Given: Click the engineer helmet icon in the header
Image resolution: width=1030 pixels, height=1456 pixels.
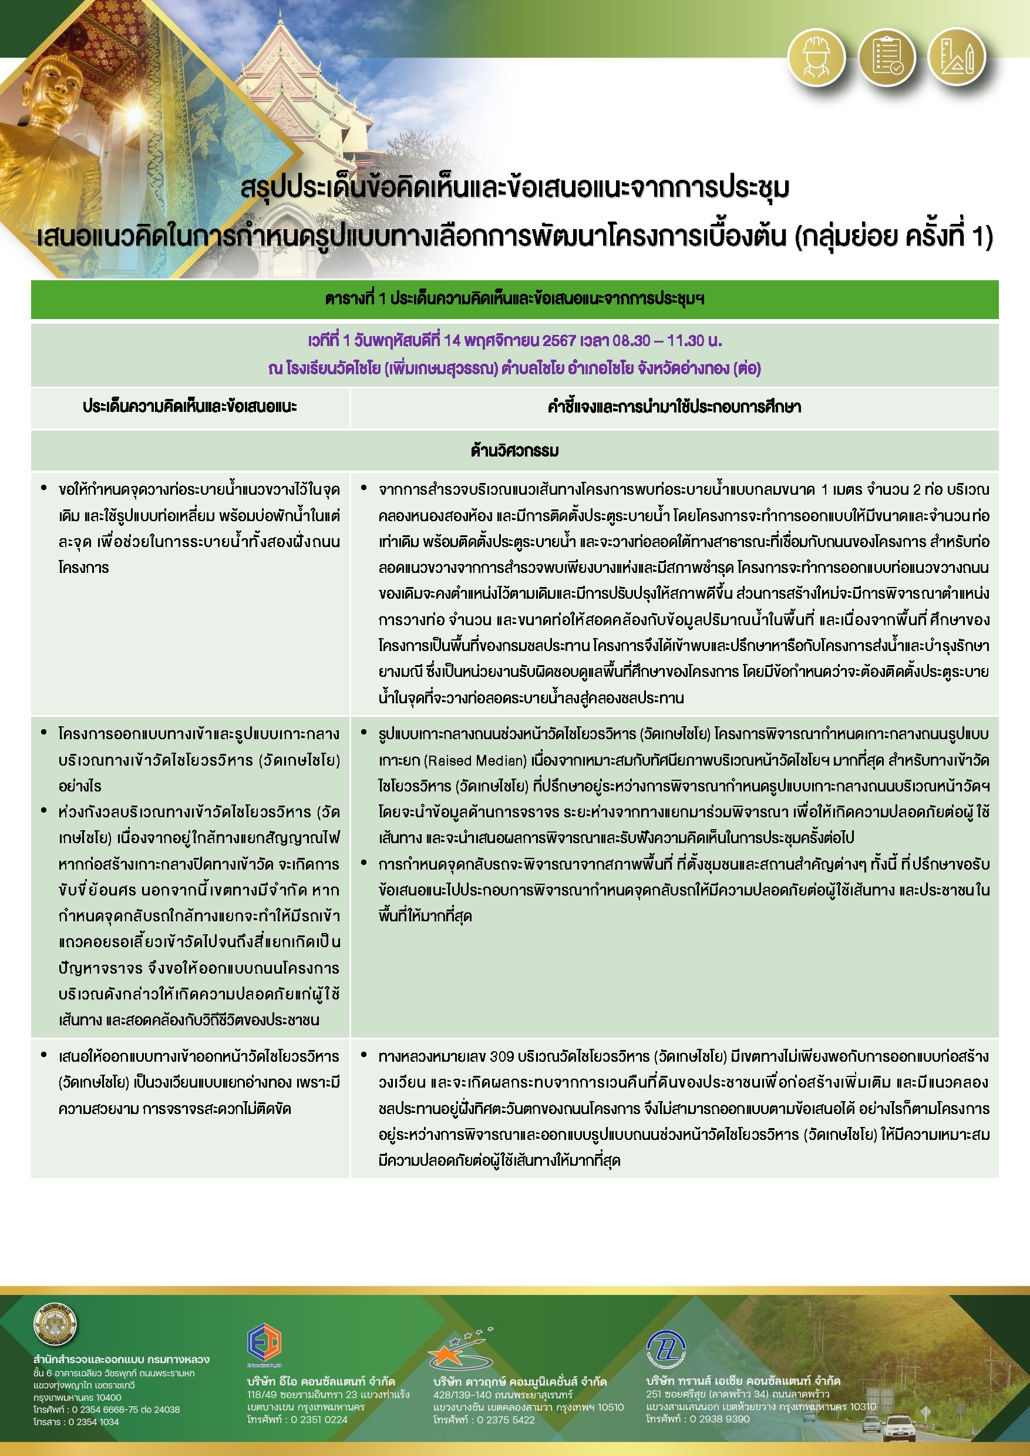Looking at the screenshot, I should point(816,57).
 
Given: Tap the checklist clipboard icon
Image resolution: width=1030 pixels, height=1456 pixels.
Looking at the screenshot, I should point(886,57).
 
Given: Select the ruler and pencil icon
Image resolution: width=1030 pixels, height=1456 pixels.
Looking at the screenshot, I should point(957,57).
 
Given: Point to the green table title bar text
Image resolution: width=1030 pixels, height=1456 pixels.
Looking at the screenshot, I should point(514,299).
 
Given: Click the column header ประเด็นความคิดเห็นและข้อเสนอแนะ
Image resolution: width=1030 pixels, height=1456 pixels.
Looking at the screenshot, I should point(190,407).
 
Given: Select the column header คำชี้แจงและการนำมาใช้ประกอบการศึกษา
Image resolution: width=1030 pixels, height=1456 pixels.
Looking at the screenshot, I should point(674,407).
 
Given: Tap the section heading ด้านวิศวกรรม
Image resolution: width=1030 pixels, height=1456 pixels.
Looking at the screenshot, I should point(514,451).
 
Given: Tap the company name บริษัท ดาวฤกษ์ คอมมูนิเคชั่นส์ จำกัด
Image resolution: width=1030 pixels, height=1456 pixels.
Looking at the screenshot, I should point(520,1382).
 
